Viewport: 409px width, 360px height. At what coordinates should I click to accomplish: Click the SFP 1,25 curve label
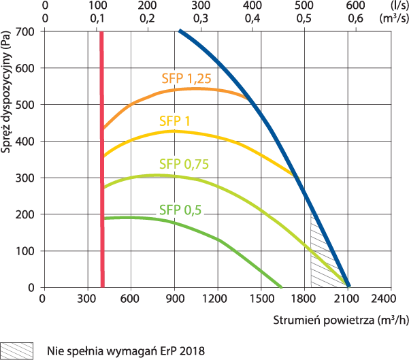[x=186, y=78]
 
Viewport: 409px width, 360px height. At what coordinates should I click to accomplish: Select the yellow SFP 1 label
[x=174, y=121]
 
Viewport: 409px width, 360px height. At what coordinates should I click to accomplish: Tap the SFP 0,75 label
[x=184, y=164]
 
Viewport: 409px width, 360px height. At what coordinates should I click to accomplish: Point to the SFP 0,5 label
[x=180, y=210]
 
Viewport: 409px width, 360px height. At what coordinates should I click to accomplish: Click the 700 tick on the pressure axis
[x=25, y=32]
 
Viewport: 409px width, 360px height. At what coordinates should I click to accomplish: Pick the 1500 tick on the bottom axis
[x=262, y=299]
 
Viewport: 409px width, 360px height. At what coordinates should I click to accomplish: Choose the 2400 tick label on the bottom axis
[x=383, y=299]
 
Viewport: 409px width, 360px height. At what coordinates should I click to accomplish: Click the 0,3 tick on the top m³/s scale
[x=201, y=18]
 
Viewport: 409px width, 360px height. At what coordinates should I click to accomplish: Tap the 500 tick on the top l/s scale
[x=304, y=5]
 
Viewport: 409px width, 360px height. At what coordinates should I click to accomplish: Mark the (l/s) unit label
[x=399, y=5]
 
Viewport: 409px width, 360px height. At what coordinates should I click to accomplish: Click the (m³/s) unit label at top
[x=394, y=18]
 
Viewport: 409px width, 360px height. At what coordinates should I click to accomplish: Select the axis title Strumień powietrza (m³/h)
[x=341, y=321]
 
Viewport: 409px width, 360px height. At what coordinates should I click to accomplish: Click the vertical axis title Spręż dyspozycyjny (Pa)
[x=5, y=92]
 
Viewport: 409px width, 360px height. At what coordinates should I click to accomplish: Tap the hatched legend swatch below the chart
[x=17, y=351]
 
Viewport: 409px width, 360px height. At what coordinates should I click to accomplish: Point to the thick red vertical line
[x=102, y=159]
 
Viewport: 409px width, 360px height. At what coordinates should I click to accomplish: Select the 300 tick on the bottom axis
[x=86, y=299]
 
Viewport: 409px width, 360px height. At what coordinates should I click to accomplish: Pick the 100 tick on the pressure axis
[x=25, y=251]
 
